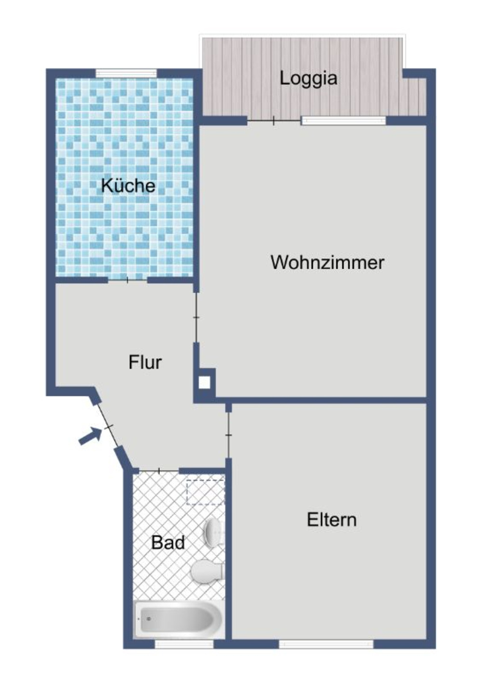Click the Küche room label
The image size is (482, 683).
(x=128, y=186)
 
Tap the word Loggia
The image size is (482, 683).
(x=308, y=78)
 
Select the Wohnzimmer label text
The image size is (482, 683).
(x=327, y=262)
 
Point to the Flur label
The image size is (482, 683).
(x=145, y=362)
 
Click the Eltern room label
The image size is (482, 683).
(x=332, y=520)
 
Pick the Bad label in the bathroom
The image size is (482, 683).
(x=168, y=543)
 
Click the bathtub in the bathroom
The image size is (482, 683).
(x=178, y=618)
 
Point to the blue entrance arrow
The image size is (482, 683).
(x=90, y=436)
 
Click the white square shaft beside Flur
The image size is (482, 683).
(x=204, y=382)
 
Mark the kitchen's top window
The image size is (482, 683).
(x=126, y=73)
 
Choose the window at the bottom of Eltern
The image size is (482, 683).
(x=326, y=644)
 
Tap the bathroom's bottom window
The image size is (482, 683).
(x=184, y=644)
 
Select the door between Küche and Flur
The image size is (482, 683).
(x=127, y=280)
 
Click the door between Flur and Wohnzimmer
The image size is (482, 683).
(x=196, y=317)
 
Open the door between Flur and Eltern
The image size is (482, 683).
(x=228, y=435)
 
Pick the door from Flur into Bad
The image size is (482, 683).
(x=159, y=471)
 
